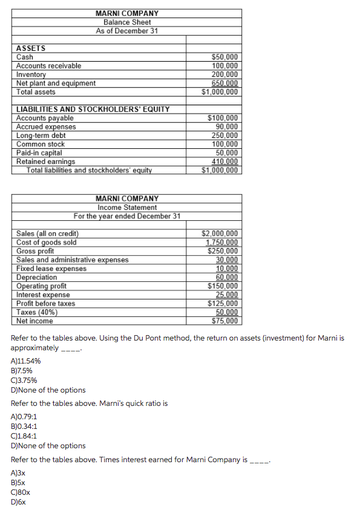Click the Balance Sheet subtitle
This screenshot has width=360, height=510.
click(x=126, y=22)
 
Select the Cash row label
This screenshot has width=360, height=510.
click(x=25, y=57)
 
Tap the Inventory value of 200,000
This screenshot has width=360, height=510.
click(x=224, y=74)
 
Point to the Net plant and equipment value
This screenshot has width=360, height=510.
click(x=224, y=83)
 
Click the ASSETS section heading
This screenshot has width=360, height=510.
click(x=31, y=48)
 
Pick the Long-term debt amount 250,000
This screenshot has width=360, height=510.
click(x=224, y=136)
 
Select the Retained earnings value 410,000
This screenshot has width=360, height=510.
click(x=224, y=162)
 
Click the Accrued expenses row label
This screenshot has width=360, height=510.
click(x=46, y=126)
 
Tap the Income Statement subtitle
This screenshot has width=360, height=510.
click(x=126, y=207)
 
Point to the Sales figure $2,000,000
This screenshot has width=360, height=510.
click(x=220, y=234)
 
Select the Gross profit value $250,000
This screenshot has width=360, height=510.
click(x=223, y=251)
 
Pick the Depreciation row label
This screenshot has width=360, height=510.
click(x=37, y=277)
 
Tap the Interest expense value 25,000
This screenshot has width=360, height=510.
click(x=227, y=295)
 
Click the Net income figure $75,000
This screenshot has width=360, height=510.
click(x=224, y=321)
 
